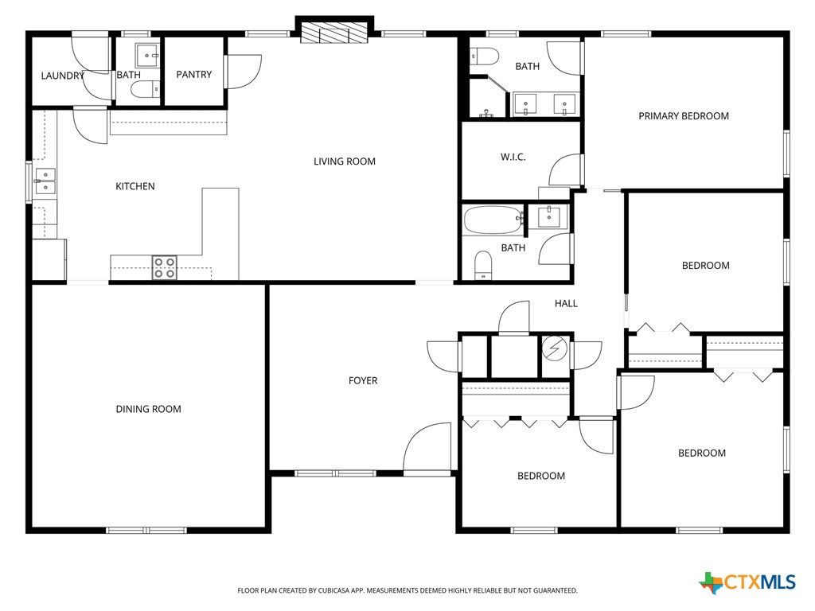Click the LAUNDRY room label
coord(62,76)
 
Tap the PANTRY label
coord(194,75)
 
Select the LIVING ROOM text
coord(344,162)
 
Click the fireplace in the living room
coord(334,32)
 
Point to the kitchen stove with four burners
coord(165,267)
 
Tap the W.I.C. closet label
coord(513,157)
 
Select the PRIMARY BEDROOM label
coord(683,116)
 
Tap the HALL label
coord(566,303)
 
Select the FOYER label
coord(363,380)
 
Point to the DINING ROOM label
coord(148,409)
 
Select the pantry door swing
coord(244,70)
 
